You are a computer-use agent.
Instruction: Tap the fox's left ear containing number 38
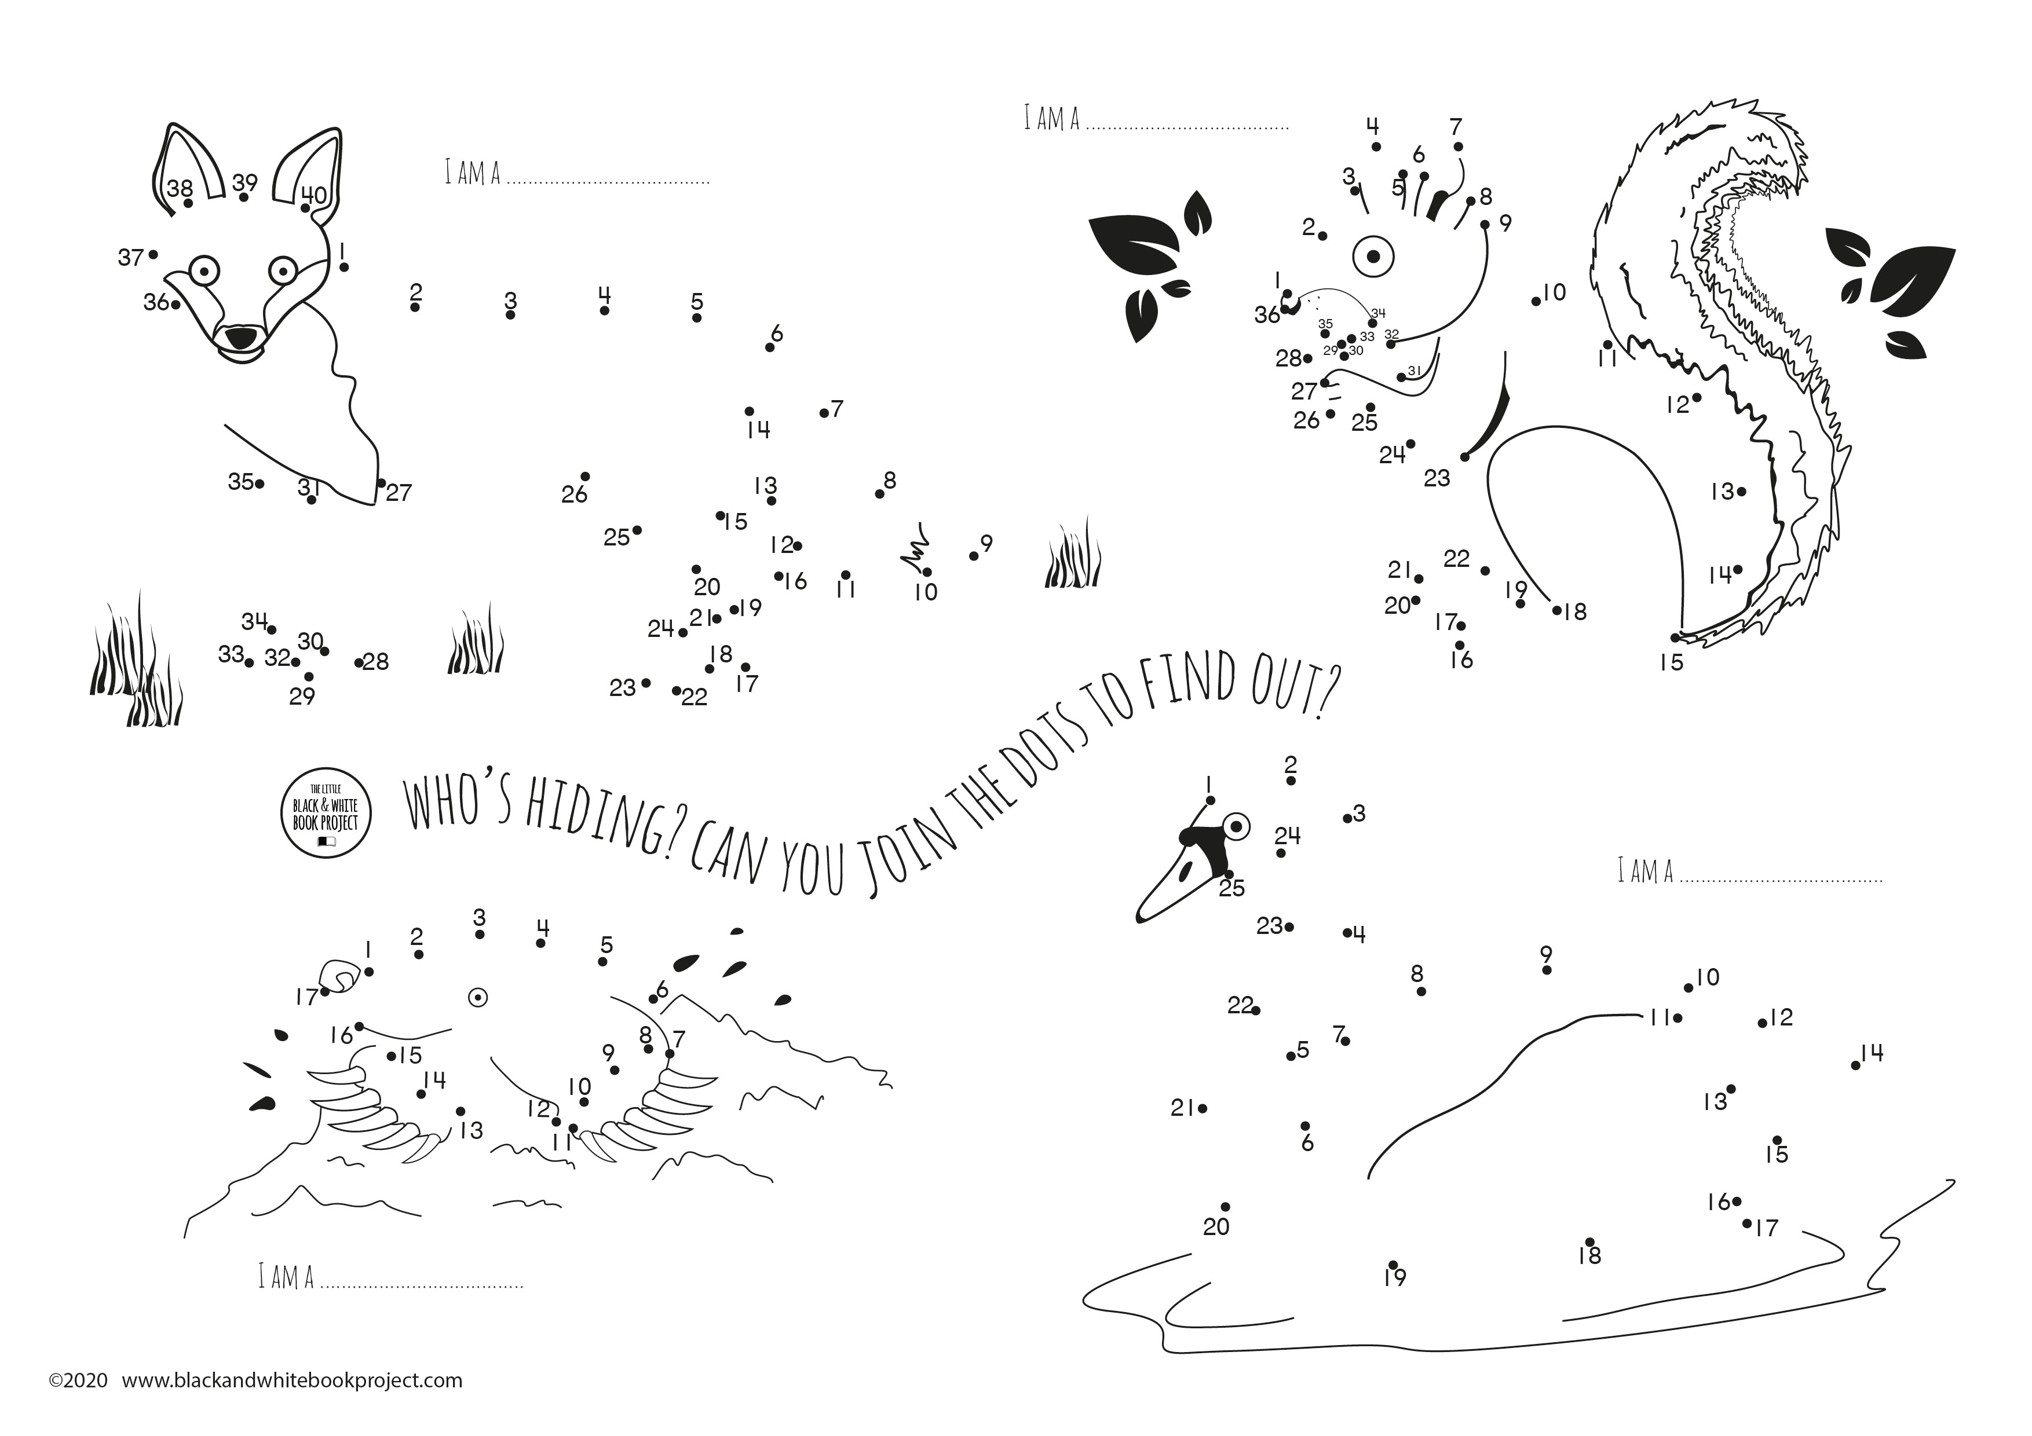(x=188, y=168)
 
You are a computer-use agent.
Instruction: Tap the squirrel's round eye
(x=1373, y=257)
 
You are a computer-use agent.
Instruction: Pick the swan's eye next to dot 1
(x=1236, y=826)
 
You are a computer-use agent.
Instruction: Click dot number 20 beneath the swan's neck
(x=1225, y=1207)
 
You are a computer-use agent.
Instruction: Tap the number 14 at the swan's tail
(x=1872, y=1052)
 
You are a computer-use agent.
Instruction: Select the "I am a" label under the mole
(x=286, y=1277)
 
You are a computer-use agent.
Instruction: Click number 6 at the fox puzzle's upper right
(x=776, y=334)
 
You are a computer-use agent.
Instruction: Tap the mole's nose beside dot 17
(x=338, y=977)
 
